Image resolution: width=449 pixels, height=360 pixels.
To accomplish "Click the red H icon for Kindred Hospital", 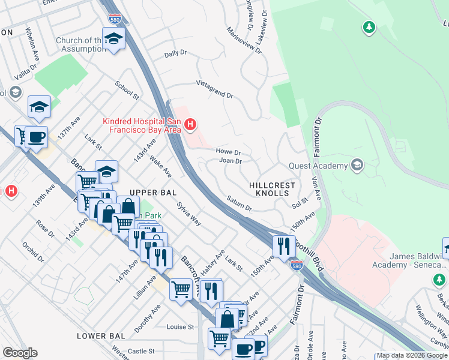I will tap(190, 125).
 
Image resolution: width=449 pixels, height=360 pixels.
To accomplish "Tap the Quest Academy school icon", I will tap(357, 166).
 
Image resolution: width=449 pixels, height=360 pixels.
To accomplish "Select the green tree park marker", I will tap(369, 27).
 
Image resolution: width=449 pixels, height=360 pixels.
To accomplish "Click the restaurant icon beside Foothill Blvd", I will tap(283, 245).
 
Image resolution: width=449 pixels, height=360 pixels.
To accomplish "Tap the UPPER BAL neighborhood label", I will tap(155, 193).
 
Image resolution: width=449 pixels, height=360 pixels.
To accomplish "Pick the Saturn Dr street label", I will tap(239, 203).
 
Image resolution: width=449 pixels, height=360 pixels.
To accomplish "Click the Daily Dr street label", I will tap(175, 54).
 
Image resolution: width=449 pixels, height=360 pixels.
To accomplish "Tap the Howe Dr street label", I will tap(228, 152).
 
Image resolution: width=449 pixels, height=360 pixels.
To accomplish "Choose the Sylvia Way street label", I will tap(188, 214).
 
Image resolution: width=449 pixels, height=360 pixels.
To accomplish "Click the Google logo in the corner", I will tap(20, 353).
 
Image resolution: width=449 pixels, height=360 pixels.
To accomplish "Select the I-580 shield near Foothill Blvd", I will tap(295, 265).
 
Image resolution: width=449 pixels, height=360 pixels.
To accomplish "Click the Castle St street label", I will tap(141, 351).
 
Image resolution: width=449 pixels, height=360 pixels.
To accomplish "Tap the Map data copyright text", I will tap(412, 355).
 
